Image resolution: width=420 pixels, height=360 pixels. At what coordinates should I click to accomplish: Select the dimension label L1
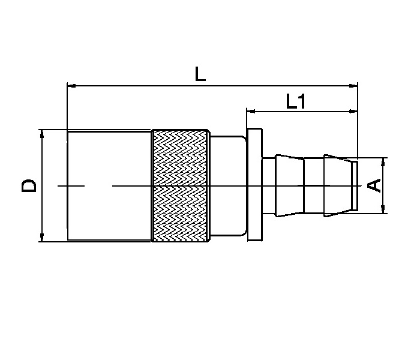[x=296, y=100]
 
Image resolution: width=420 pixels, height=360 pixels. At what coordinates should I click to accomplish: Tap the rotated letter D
[x=29, y=185]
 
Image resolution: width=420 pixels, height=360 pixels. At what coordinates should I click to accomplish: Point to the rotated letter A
[x=374, y=185]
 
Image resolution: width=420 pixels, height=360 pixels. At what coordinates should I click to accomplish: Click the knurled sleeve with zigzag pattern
[x=181, y=185]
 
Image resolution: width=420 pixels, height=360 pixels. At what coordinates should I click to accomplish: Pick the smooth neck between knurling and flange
[x=227, y=185]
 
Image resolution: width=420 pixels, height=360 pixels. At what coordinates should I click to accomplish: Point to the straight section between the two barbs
[x=313, y=185]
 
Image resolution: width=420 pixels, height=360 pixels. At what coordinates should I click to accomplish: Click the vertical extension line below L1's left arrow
[x=246, y=121]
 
